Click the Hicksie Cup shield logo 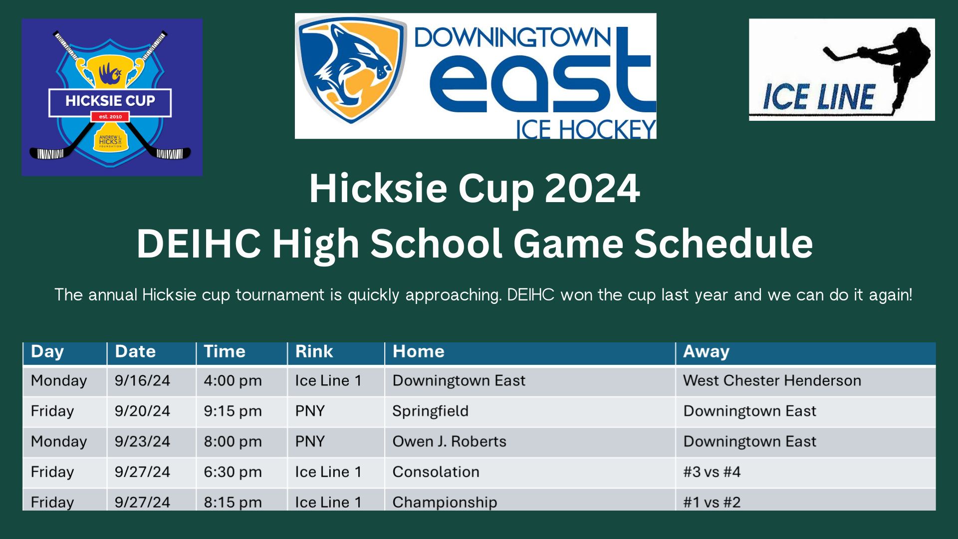(110, 97)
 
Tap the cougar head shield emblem (351, 69)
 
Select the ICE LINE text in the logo (819, 97)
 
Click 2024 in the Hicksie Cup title (592, 188)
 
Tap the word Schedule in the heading (723, 244)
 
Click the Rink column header (314, 351)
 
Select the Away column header (706, 352)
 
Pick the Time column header (225, 351)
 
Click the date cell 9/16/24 (142, 381)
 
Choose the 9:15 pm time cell (233, 411)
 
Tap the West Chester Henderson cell (772, 381)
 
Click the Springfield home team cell (430, 411)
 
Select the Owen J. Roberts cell (449, 442)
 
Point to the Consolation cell (436, 472)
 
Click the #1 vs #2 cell (712, 502)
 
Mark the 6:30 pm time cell (233, 472)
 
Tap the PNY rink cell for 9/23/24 (310, 442)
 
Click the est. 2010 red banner (110, 117)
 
